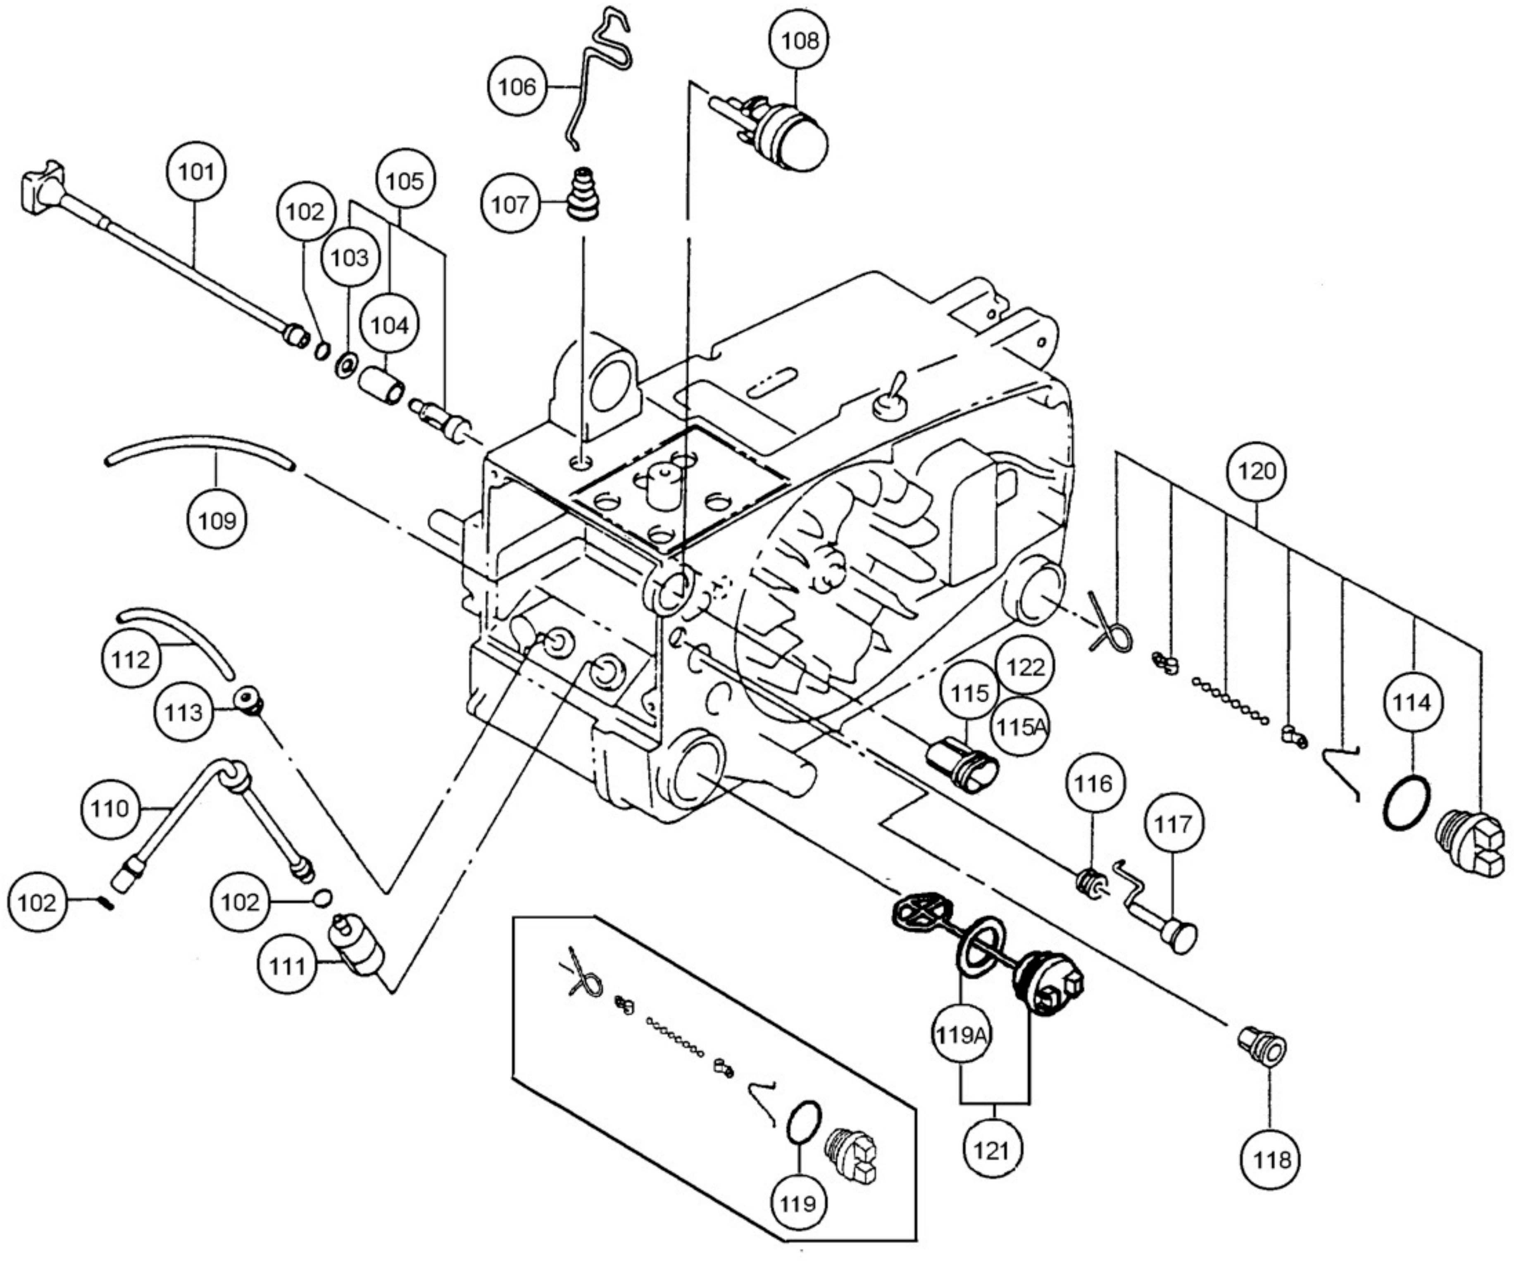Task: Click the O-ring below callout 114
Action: (x=1406, y=802)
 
